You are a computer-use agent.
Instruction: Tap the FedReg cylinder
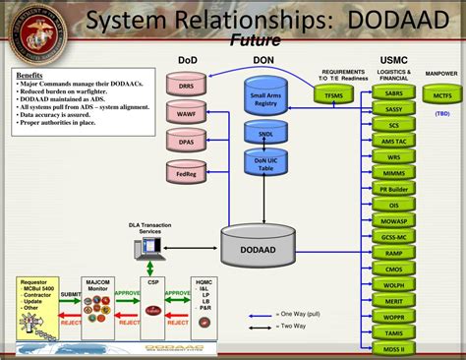coord(186,175)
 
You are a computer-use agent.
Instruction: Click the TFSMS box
coord(333,94)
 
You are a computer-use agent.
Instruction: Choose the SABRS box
coord(393,93)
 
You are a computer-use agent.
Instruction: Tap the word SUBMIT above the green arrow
coord(71,294)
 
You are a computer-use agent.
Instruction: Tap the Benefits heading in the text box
coord(29,75)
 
